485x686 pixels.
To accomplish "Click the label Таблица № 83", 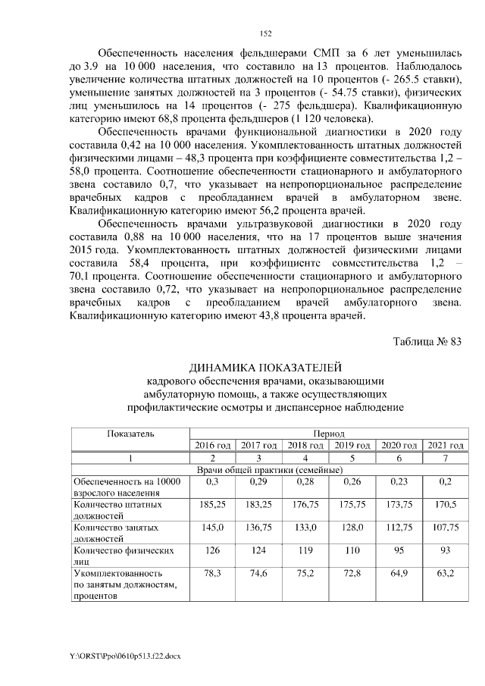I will tap(427, 340).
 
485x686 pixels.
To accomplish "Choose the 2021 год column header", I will tap(446, 444).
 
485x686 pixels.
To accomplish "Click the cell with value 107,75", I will tap(446, 527).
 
